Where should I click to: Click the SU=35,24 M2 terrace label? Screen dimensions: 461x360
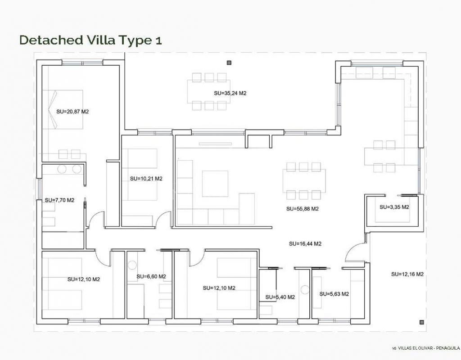pos(230,93)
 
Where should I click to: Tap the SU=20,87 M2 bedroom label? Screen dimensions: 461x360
pos(72,112)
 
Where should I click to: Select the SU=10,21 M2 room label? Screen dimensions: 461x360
pos(146,178)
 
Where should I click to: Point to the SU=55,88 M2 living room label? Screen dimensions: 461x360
pos(303,209)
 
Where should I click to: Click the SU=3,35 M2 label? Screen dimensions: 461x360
pos(394,207)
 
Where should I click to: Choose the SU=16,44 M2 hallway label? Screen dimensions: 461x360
pos(305,243)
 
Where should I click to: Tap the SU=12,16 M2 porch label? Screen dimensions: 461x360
pos(407,274)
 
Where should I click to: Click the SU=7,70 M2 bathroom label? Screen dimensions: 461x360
pos(60,200)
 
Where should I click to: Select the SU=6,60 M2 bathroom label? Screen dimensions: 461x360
pos(151,277)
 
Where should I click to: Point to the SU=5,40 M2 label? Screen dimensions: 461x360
pos(280,297)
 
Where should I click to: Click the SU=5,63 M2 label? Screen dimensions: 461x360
pos(334,294)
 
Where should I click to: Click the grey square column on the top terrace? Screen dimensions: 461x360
pos(229,62)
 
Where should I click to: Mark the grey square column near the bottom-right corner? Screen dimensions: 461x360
pos(421,322)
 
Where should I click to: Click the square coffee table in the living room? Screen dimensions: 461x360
pos(215,184)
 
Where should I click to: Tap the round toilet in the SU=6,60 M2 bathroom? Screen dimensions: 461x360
pos(132,265)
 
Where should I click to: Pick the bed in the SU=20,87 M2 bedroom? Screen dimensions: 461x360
pos(63,110)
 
